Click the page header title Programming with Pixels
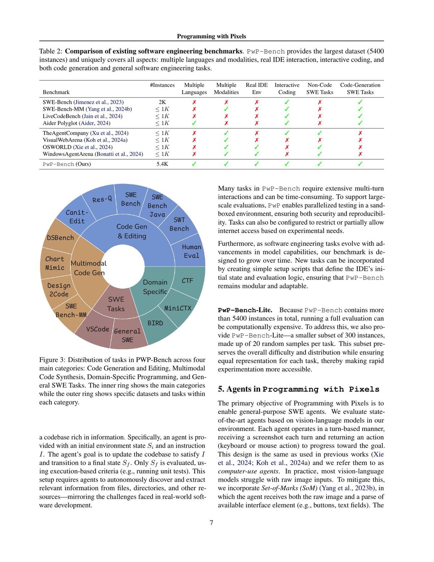pos(212,36)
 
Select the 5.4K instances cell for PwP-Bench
pos(162,164)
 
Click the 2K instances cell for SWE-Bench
pos(162,102)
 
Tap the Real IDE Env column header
pos(256,89)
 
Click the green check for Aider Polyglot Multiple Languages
pos(194,123)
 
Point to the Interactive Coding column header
pos(287,89)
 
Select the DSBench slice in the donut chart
pos(60,238)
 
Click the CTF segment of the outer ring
pos(187,280)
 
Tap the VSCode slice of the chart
pos(98,329)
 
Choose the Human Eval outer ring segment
pos(191,251)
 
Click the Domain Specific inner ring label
pos(155,287)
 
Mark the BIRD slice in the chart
pos(155,323)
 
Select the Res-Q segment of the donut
pos(102,199)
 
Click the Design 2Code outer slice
pos(59,290)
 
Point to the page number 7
pos(211,523)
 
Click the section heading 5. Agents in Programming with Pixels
pos(298,389)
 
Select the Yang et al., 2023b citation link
pos(347,488)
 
